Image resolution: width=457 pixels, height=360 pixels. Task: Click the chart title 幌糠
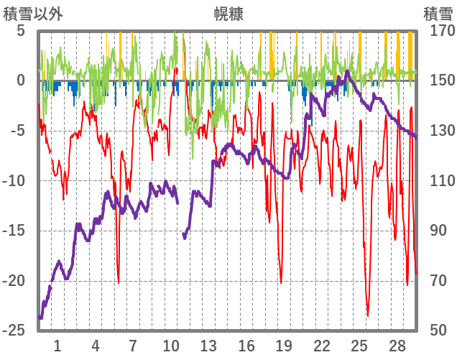(x=228, y=14)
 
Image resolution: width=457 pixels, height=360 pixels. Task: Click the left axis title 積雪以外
(x=33, y=14)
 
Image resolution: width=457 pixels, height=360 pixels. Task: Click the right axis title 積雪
(x=437, y=14)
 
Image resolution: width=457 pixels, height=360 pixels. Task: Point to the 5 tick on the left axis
(x=20, y=31)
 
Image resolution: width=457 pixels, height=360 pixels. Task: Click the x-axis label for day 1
(x=57, y=346)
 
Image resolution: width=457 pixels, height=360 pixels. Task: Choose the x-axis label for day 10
(x=171, y=346)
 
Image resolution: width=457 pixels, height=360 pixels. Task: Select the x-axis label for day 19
(x=284, y=346)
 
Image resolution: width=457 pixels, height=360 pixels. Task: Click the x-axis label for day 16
(x=246, y=346)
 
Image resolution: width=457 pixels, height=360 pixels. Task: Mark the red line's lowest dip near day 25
(x=367, y=315)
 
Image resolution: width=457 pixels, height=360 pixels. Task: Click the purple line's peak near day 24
(x=348, y=71)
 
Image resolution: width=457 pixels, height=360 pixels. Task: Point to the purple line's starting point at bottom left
(x=40, y=317)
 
